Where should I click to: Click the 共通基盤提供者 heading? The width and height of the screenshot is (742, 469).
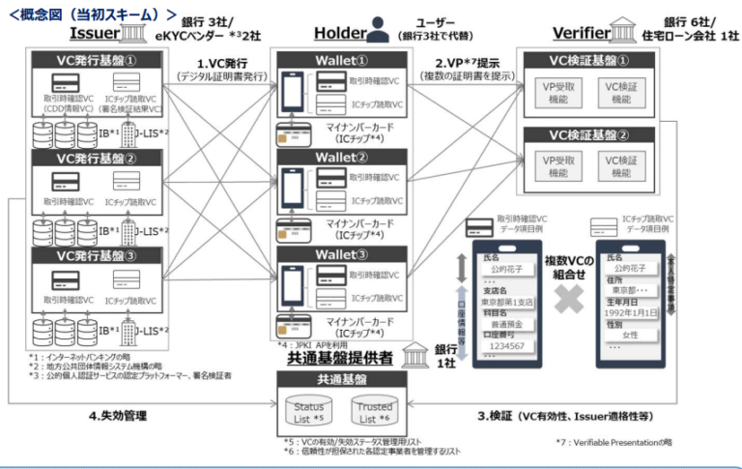tap(341, 355)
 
